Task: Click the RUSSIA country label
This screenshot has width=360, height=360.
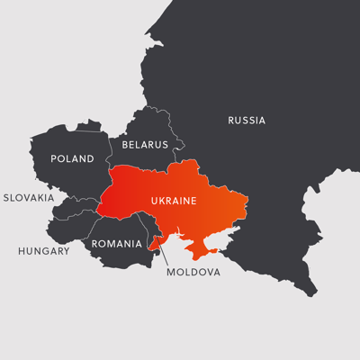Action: [247, 121]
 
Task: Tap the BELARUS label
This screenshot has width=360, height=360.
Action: [145, 144]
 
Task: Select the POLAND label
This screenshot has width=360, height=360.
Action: [72, 159]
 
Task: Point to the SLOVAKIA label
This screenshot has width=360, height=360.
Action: [29, 197]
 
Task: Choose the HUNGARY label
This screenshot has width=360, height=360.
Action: [43, 251]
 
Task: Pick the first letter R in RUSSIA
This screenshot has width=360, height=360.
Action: [231, 121]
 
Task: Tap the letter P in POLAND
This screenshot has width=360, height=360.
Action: [54, 159]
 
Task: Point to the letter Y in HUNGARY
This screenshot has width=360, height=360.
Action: [66, 251]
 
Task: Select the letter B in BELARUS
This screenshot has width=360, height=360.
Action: [125, 144]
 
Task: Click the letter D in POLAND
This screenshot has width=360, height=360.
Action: [90, 159]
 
